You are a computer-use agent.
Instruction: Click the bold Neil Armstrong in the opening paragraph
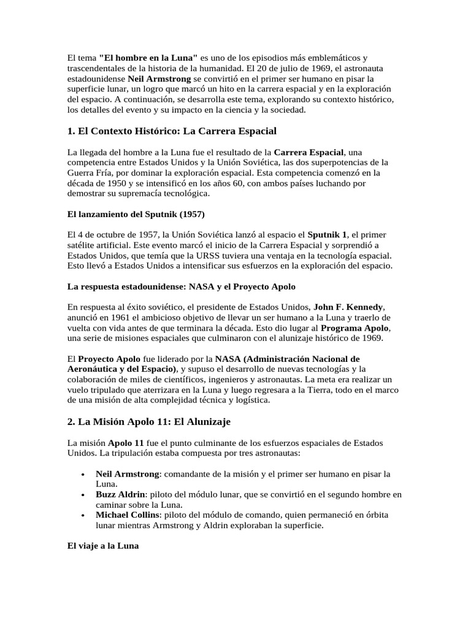tap(159, 80)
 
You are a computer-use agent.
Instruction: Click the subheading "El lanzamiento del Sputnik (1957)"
tap(136, 214)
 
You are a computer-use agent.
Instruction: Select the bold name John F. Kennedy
tap(349, 307)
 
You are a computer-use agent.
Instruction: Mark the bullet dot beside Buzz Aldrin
tap(83, 494)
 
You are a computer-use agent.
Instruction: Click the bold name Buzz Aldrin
tap(120, 494)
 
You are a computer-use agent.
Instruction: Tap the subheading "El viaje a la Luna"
tap(103, 546)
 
